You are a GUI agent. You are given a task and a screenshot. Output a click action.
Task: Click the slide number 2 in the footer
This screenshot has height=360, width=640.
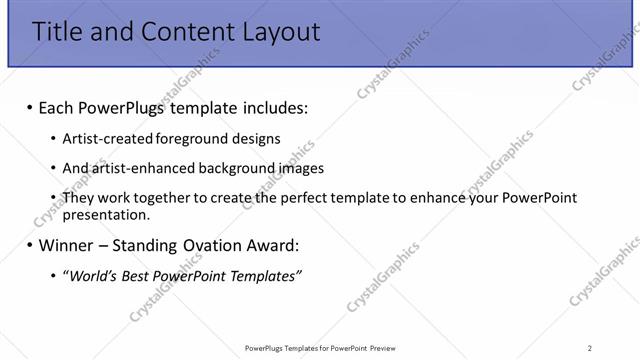tap(589, 347)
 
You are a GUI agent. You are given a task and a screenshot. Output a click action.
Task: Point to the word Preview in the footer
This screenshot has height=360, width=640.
tap(381, 347)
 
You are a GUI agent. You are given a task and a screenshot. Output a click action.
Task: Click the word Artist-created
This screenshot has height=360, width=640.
tap(103, 138)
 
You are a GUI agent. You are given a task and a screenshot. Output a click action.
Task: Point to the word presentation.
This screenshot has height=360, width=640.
tap(106, 214)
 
